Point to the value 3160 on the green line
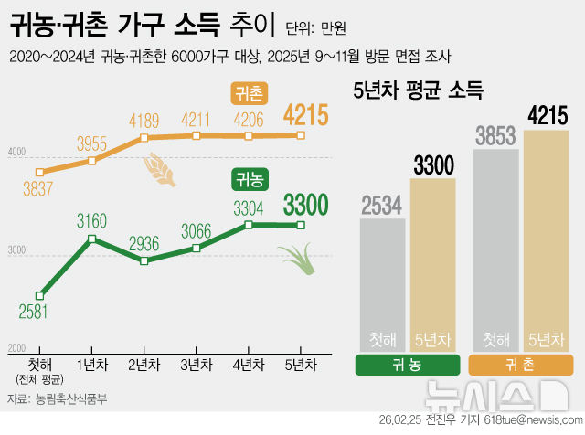click(x=92, y=221)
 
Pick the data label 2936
click(x=145, y=243)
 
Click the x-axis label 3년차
click(x=197, y=364)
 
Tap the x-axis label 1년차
click(x=92, y=364)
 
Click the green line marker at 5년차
click(x=302, y=225)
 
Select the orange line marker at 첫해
click(x=39, y=172)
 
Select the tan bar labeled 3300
click(x=432, y=265)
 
